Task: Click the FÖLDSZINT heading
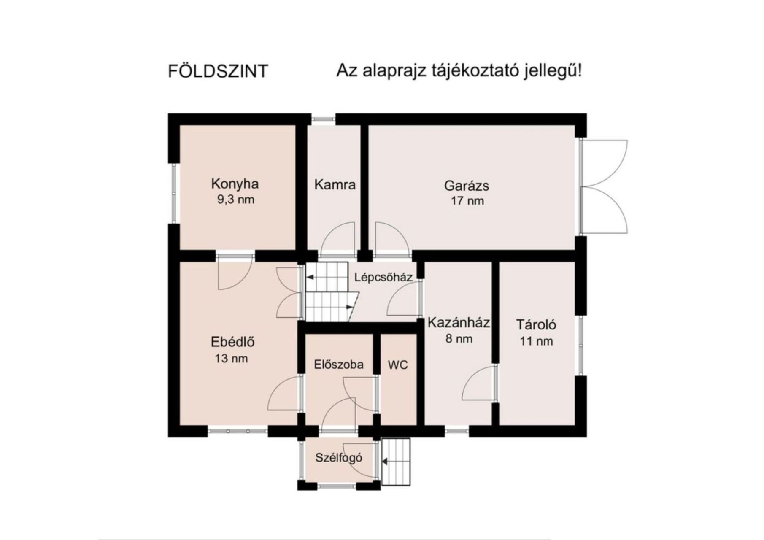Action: (218, 71)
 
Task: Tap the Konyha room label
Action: (235, 184)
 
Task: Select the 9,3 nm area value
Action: (236, 200)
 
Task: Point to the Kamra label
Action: (335, 184)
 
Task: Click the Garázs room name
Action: (467, 186)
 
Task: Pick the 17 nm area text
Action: (467, 201)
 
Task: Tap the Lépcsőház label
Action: (383, 277)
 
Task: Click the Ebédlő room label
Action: (233, 341)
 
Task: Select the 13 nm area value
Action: (231, 359)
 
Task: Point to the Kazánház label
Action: (459, 323)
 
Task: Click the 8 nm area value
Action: (459, 339)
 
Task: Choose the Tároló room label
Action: (536, 324)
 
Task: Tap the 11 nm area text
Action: (536, 341)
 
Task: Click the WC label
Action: (398, 365)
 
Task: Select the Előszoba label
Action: (339, 364)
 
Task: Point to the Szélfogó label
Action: (339, 458)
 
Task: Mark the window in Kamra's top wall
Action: (324, 119)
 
